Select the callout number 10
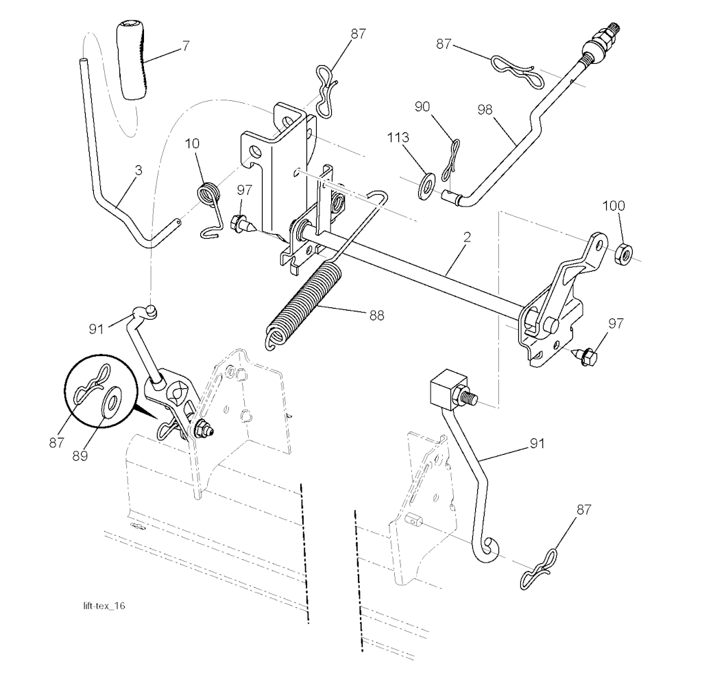193,143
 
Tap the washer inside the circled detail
110,401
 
